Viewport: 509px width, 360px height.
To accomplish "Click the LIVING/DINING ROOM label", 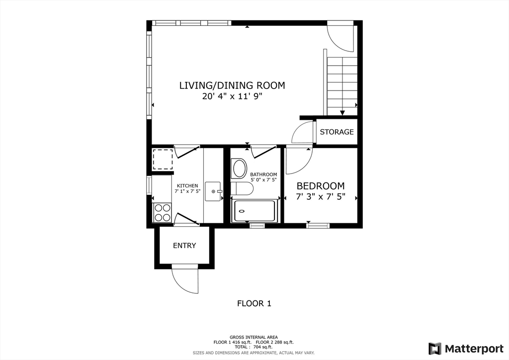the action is click(232, 86).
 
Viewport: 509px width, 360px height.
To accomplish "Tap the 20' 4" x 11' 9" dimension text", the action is click(232, 96).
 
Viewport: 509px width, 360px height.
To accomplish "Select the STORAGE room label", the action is click(337, 132).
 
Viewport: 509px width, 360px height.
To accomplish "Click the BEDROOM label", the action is click(321, 186).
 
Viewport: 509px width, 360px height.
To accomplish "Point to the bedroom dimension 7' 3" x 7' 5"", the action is click(321, 197).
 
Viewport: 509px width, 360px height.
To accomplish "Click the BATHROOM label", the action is click(263, 175).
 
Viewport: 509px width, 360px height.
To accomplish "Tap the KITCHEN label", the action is click(187, 185).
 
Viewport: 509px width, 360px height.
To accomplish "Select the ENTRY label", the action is click(184, 246).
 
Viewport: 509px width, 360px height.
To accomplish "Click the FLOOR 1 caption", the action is click(254, 303).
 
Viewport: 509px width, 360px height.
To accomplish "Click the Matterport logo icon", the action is click(434, 349).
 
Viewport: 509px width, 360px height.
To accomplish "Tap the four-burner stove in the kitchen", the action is click(163, 212).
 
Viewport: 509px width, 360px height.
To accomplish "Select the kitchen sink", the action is click(213, 191).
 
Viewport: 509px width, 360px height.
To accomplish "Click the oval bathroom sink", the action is click(239, 169).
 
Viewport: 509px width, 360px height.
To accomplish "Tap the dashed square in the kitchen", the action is click(163, 159).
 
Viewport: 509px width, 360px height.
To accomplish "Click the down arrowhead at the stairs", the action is click(342, 113).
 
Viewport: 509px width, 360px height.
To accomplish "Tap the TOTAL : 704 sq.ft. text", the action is click(254, 347).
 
